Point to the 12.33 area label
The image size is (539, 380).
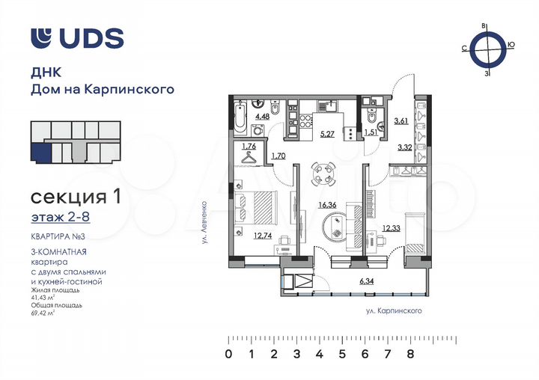[x=392, y=228]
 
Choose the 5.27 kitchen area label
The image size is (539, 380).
[x=327, y=135]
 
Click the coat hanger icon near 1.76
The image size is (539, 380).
[x=250, y=157]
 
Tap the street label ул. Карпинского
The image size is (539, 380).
[x=389, y=309]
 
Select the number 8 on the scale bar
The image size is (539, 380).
[x=410, y=354]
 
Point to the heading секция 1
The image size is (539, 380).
[x=75, y=197]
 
